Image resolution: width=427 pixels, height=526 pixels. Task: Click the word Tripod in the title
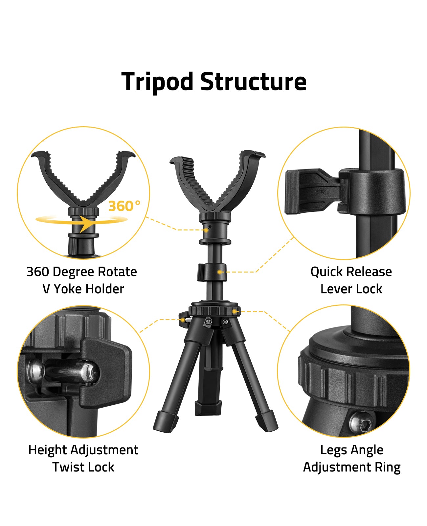coord(157,82)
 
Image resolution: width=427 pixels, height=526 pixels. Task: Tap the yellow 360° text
coord(124,206)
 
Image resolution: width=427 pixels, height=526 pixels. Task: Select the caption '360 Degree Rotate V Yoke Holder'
coord(82,280)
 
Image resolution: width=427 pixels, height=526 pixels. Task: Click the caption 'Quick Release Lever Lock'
coord(351,280)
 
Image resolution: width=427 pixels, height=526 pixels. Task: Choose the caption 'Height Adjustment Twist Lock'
coord(83,458)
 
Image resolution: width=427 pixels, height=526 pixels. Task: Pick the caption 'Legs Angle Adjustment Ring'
coord(351,458)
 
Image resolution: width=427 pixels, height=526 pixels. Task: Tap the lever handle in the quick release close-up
coord(305,191)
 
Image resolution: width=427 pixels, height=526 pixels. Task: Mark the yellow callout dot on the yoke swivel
coord(206,230)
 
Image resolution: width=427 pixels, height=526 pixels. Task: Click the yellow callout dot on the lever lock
coord(219,272)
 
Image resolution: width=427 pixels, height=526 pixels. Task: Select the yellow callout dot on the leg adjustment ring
coord(234,311)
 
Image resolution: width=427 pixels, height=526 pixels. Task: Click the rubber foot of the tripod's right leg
coord(266,421)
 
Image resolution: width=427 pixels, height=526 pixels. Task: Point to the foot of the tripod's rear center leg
coord(208,408)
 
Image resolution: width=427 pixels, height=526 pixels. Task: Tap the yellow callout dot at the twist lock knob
coord(182,319)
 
